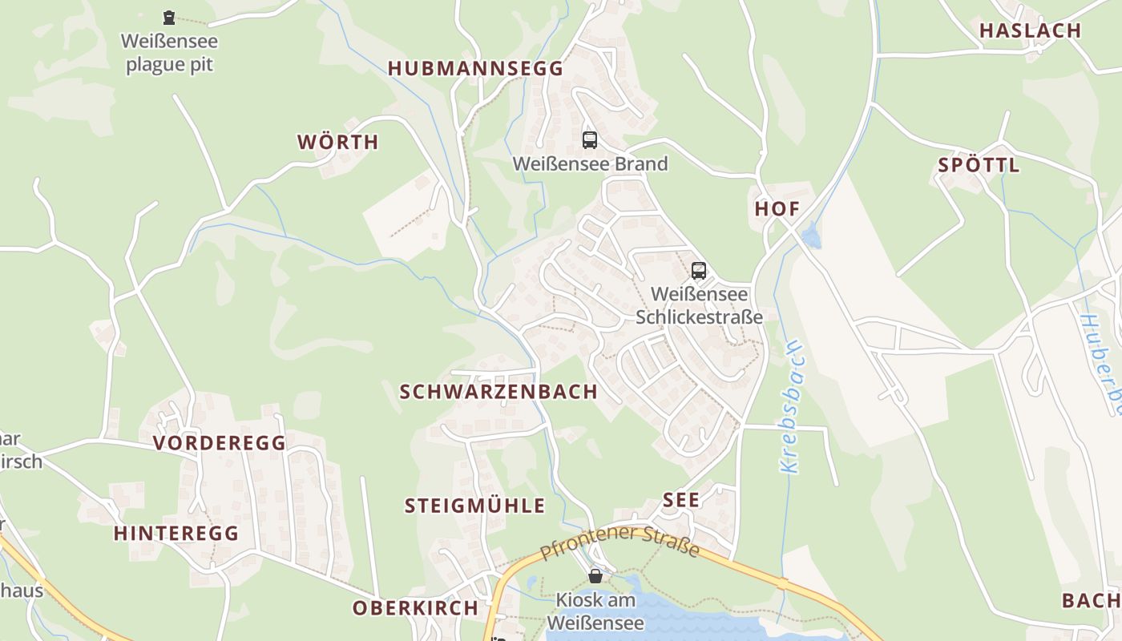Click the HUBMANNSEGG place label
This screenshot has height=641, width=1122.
point(475,69)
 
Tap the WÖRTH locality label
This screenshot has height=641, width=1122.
point(337,143)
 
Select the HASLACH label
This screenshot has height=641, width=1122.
point(1030,31)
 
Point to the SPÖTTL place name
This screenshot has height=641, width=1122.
point(979,166)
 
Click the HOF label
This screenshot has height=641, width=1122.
point(777,209)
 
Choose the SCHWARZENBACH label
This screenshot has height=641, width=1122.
point(498,392)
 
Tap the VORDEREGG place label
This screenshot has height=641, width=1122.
point(219,443)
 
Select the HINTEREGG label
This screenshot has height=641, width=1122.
point(176,534)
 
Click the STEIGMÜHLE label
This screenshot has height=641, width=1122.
point(474,506)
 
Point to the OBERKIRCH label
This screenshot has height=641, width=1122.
point(415,608)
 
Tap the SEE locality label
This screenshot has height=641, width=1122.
point(681,501)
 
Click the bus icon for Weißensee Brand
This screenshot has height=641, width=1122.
point(590,140)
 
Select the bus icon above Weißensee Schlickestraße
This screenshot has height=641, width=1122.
point(699,271)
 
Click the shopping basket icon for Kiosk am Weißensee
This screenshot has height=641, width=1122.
point(595,575)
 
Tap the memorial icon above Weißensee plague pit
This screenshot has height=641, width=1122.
point(168,17)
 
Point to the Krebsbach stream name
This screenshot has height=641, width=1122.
point(790,407)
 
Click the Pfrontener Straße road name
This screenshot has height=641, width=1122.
point(620,542)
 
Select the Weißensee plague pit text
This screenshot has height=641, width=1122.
point(169,53)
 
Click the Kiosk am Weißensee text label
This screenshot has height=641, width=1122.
point(595,611)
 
